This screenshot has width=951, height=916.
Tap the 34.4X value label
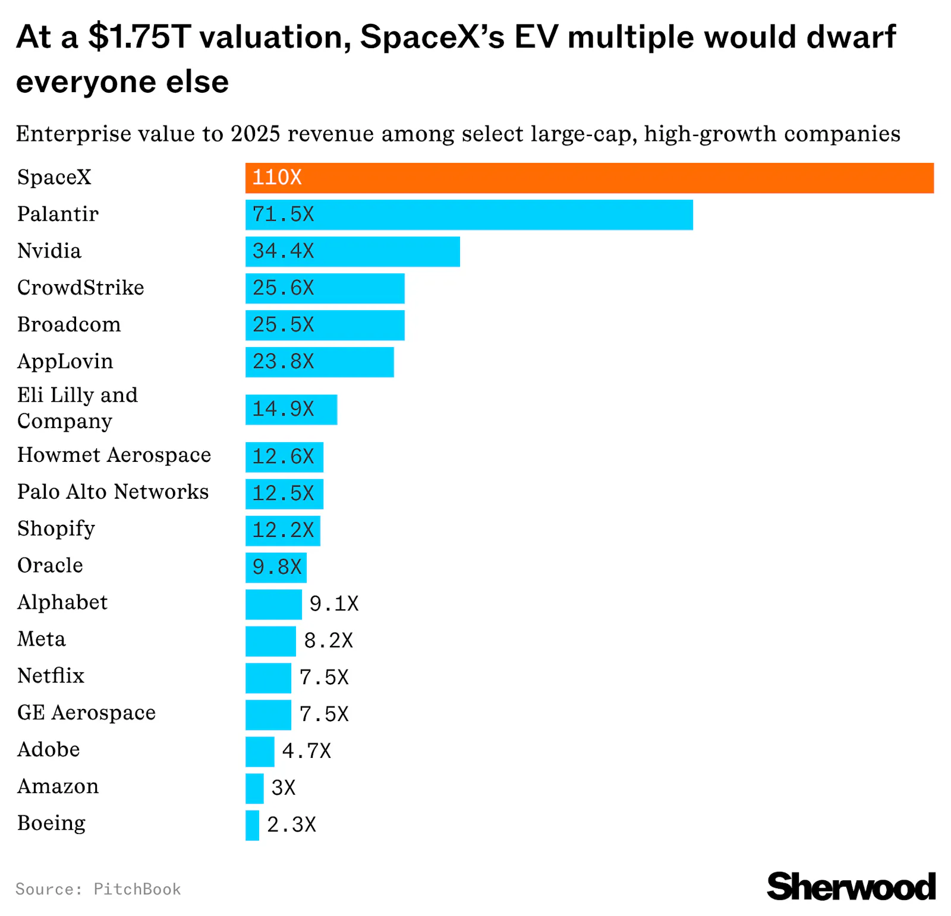coord(283,251)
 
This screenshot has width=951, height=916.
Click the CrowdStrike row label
coord(80,288)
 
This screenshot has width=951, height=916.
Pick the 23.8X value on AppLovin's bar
coord(283,362)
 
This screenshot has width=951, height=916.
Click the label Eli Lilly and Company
coord(77,408)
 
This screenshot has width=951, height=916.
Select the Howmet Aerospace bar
coord(284,457)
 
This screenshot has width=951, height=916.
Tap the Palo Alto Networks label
coord(113,492)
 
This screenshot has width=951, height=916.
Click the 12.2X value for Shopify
coord(283,530)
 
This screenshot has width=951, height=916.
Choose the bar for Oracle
coord(276,568)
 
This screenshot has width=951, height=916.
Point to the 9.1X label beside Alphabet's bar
coord(334,604)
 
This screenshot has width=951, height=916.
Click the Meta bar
coord(270,641)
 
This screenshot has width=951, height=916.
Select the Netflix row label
coord(51,676)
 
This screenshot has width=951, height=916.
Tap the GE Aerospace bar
coord(268,714)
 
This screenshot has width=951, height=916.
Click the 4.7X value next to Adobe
coord(306,751)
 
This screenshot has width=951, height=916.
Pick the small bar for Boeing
coord(252,825)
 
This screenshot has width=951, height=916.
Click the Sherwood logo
coord(851,887)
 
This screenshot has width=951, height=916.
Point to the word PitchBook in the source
coord(137,889)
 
